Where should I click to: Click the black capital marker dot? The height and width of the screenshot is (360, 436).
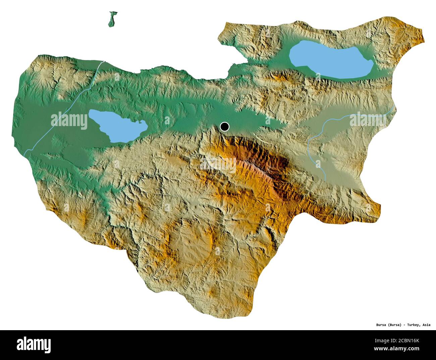224,127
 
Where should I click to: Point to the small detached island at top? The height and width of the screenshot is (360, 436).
112,19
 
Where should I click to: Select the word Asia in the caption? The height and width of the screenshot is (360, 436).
427,325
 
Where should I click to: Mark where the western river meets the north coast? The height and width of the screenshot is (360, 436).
104,61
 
